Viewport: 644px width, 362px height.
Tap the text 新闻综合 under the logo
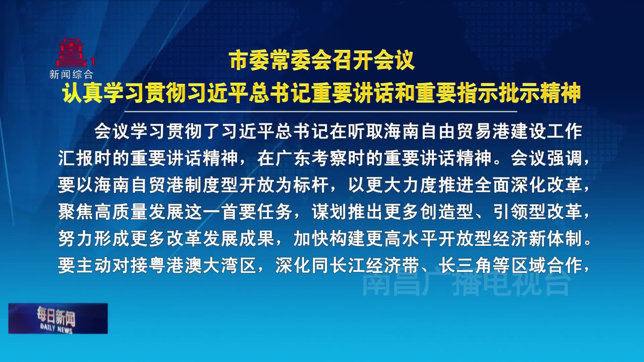(71, 74)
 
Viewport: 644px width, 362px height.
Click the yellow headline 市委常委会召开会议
(322, 61)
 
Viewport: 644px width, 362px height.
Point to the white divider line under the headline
(321, 111)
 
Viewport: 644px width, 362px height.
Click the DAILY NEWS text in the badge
(56, 328)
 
